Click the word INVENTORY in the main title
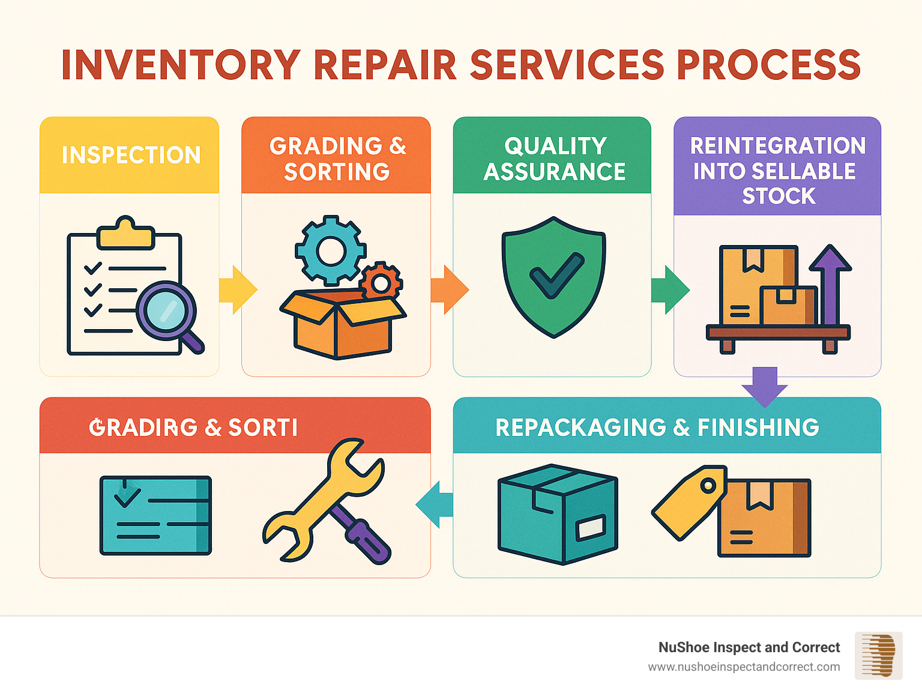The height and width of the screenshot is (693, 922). [x=181, y=65]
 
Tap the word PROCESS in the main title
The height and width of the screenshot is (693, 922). [x=769, y=65]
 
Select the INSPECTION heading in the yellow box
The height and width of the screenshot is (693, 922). [x=131, y=155]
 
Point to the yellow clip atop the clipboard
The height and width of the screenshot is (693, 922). [x=126, y=234]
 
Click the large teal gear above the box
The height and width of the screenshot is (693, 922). [x=330, y=250]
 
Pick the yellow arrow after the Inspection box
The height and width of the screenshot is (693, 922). [x=238, y=289]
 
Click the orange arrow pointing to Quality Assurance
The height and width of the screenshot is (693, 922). [x=450, y=289]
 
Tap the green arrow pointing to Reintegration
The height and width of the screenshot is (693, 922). [x=670, y=289]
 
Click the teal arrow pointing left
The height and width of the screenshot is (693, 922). [x=435, y=504]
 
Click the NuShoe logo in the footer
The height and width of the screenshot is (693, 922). [x=878, y=655]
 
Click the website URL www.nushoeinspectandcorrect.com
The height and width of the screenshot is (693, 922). [x=744, y=667]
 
